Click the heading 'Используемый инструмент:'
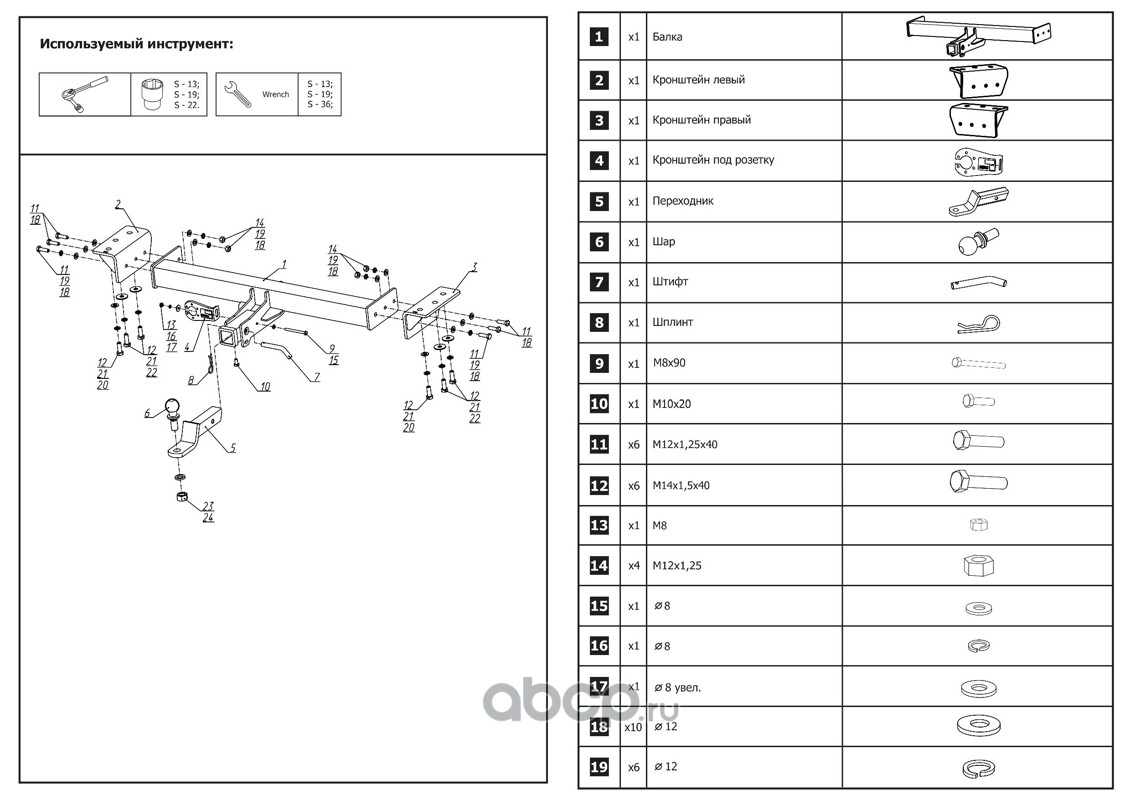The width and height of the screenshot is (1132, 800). [x=136, y=45]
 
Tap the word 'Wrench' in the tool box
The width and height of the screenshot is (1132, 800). [x=275, y=95]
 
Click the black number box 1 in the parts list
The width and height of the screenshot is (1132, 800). [x=599, y=37]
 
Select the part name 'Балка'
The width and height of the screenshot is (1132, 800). [x=667, y=37]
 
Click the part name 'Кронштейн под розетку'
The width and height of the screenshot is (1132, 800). [x=712, y=160]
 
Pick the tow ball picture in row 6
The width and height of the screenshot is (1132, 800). [x=976, y=242]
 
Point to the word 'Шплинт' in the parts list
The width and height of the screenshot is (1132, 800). [x=672, y=323]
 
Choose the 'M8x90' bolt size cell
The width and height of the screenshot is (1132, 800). [x=670, y=364]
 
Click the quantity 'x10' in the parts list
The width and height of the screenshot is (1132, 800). [x=633, y=728]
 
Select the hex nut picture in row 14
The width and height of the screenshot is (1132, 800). [x=976, y=566]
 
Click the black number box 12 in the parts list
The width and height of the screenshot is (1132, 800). [x=599, y=486]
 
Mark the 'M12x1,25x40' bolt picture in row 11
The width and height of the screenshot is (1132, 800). [x=976, y=443]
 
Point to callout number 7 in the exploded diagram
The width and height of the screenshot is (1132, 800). [x=317, y=378]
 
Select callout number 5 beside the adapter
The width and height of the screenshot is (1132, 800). [x=232, y=449]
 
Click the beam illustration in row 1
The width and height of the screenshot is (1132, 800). [x=976, y=37]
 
